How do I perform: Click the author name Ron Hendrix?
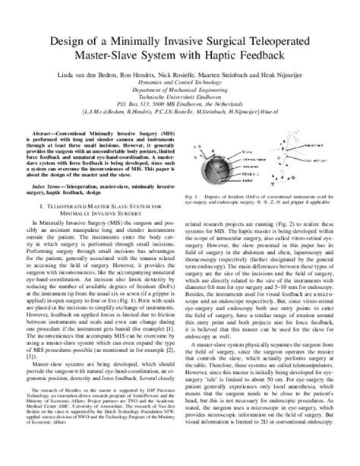click(x=152, y=77)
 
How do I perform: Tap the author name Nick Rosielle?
click(x=197, y=77)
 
